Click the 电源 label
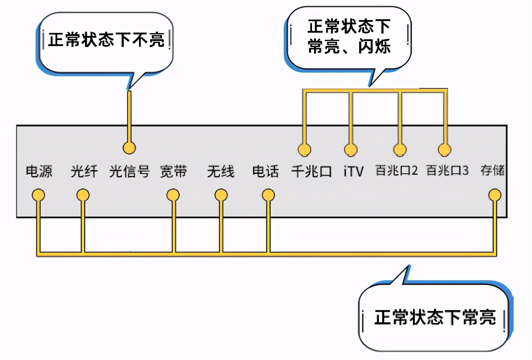pos(39,171)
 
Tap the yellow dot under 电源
pos(38,195)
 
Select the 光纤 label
pos(84,171)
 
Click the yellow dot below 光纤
pos(83,195)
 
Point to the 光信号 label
pos(129,171)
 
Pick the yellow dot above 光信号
pos(129,147)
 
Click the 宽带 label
pos(174,171)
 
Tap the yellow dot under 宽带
pos(173,195)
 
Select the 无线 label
pos(220,171)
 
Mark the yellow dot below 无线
pos(221,195)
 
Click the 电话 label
pos(265,171)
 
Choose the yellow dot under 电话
pos(268,195)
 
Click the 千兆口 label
pos(312,171)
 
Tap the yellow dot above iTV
pos(351,149)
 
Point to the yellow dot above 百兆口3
pos(445,149)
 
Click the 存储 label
pos(492,171)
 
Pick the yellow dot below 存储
pos(495,195)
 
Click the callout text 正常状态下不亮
pos(106,41)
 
